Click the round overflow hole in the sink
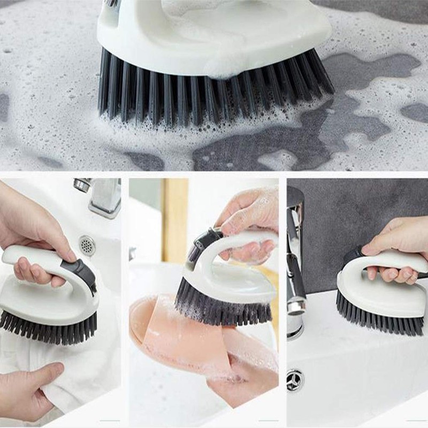[87, 245]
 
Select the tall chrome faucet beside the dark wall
[295, 267]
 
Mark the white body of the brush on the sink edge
[374, 294]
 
